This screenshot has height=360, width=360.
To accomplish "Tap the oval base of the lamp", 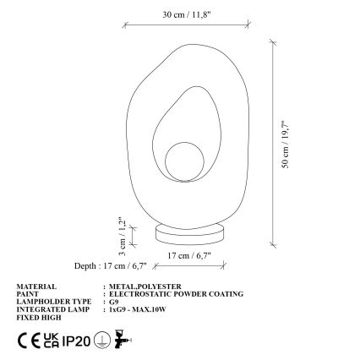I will (190, 232).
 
